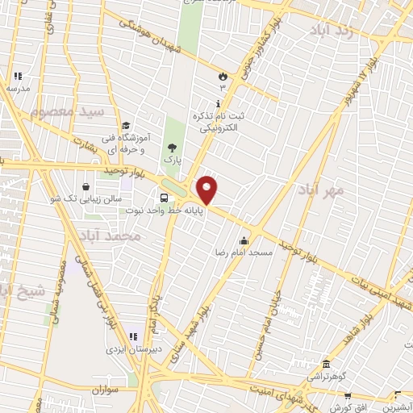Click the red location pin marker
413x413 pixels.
pyautogui.click(x=207, y=190)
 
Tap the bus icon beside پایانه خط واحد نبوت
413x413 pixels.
pyautogui.click(x=165, y=198)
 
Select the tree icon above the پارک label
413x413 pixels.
pyautogui.click(x=170, y=147)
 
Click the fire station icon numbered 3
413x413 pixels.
pyautogui.click(x=222, y=75)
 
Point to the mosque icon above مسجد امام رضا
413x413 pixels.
pyautogui.click(x=244, y=240)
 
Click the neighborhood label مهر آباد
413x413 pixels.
pyautogui.click(x=320, y=190)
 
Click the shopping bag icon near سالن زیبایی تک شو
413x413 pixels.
pyautogui.click(x=86, y=186)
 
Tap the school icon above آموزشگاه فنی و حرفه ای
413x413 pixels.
pyautogui.click(x=126, y=125)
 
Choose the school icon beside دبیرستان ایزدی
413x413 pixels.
pyautogui.click(x=133, y=336)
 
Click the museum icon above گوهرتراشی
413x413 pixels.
pyautogui.click(x=325, y=365)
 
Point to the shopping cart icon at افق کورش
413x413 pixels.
pyautogui.click(x=348, y=396)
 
